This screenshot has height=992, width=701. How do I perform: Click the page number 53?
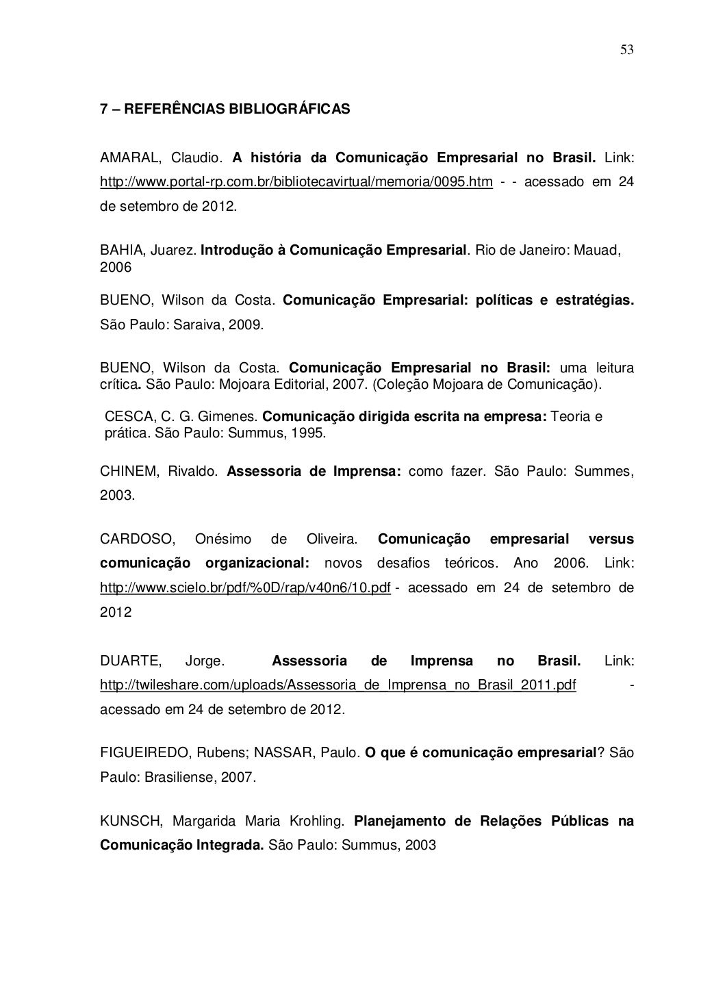coord(626,49)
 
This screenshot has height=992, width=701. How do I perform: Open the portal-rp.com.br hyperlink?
coord(296,182)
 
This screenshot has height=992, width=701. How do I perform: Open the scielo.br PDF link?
coord(245,587)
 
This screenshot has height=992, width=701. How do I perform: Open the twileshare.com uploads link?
coord(337,685)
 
